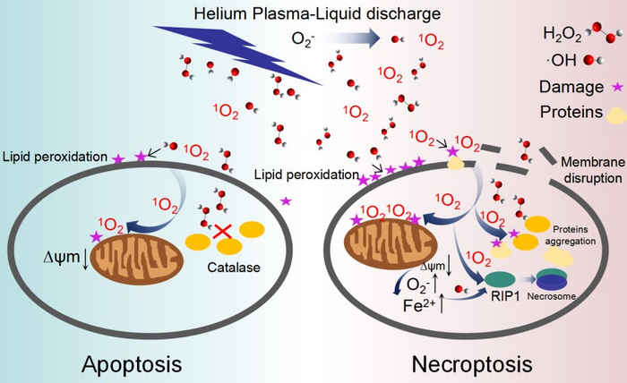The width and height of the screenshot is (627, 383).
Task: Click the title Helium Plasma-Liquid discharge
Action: pos(313,13)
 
